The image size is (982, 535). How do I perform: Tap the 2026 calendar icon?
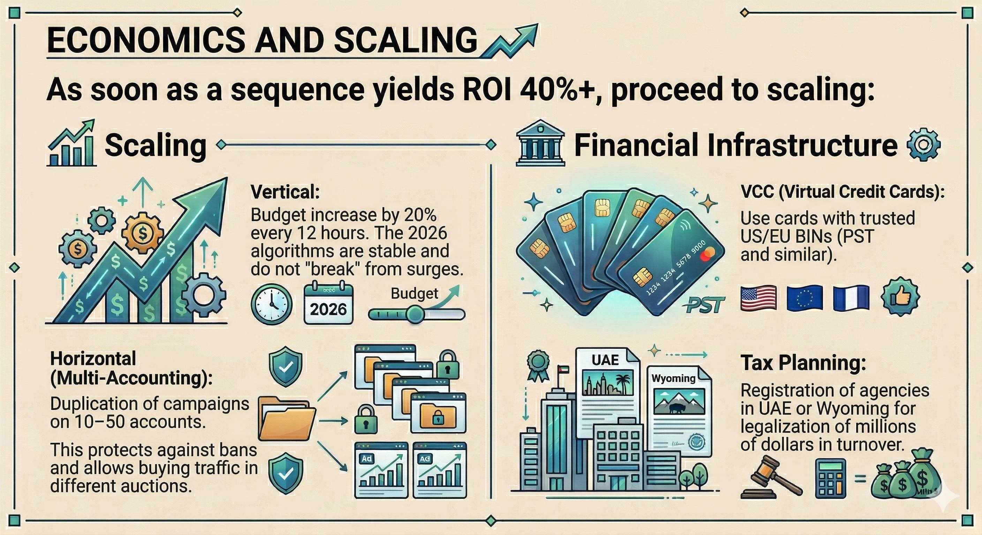(x=328, y=303)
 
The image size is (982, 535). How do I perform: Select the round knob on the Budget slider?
(x=415, y=314)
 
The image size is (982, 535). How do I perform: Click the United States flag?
(x=758, y=298)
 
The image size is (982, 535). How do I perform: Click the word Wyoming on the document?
(x=673, y=378)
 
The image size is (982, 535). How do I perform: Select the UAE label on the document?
(x=605, y=359)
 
